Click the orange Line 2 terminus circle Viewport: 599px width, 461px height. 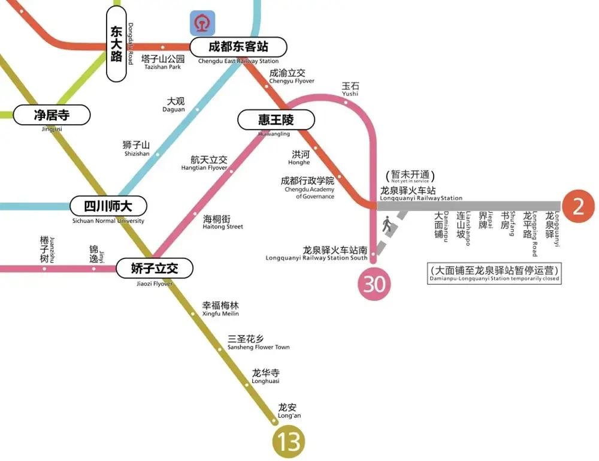(578, 206)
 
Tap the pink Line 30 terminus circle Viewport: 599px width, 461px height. (374, 284)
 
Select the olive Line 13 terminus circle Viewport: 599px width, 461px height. (289, 442)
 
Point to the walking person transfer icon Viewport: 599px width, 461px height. (386, 225)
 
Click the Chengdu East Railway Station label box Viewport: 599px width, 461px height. (238, 47)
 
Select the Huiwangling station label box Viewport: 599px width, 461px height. (276, 120)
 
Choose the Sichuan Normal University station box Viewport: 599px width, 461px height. (108, 206)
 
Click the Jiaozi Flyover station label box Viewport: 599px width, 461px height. (155, 268)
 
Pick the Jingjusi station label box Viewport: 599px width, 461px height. (52, 115)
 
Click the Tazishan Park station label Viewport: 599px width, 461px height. (162, 62)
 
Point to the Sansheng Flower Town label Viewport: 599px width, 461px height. (258, 342)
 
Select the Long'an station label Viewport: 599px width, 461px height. (289, 411)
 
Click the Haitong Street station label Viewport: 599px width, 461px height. (223, 222)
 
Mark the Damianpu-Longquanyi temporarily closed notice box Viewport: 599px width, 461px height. (494, 274)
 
